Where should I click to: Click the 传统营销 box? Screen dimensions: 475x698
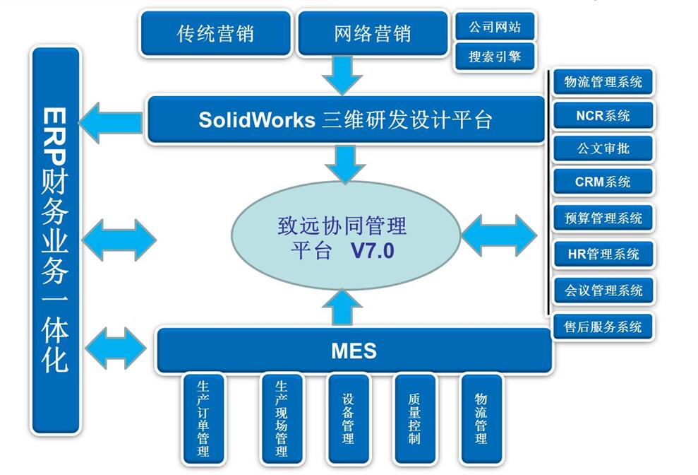[x=215, y=33]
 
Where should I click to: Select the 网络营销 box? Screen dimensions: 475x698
[x=372, y=33]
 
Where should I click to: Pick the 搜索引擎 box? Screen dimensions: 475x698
[x=494, y=57]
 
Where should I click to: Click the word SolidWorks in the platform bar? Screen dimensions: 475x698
[x=256, y=119]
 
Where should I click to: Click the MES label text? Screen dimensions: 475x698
[x=354, y=350]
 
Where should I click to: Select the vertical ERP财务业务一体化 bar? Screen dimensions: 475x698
[x=55, y=240]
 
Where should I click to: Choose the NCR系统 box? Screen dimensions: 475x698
[x=603, y=115]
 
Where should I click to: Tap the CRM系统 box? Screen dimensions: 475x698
[x=603, y=182]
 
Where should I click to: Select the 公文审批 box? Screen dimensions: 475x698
[x=603, y=148]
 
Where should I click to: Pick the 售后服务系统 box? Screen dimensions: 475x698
[x=603, y=327]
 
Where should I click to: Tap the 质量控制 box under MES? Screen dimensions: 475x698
[x=414, y=418]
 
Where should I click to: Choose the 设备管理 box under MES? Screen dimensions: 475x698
[x=348, y=418]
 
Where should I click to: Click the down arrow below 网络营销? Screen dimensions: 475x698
[x=342, y=75]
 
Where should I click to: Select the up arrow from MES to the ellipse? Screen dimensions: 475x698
[x=342, y=308]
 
